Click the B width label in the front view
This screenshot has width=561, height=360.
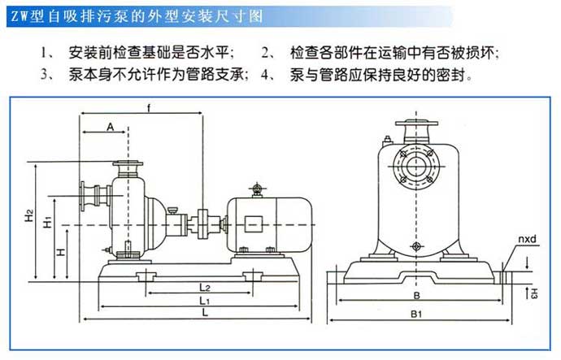click(415, 296)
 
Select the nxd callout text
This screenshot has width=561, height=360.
click(526, 241)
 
